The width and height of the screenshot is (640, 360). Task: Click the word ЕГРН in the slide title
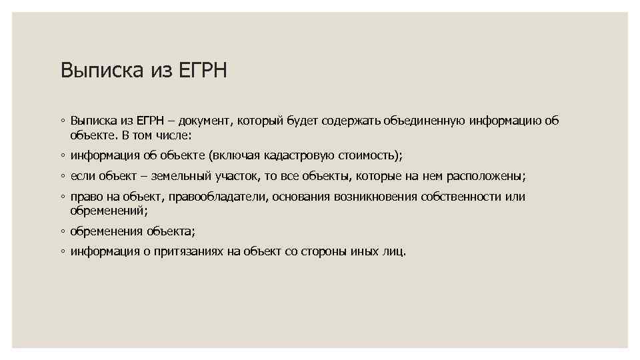tap(203, 70)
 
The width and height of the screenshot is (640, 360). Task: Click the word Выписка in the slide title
tap(100, 70)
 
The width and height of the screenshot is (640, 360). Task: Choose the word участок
tap(235, 177)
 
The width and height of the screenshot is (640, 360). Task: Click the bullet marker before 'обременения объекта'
tap(62, 232)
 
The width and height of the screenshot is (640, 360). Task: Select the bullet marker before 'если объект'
tap(62, 177)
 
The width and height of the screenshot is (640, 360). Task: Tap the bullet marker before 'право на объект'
tap(62, 198)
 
